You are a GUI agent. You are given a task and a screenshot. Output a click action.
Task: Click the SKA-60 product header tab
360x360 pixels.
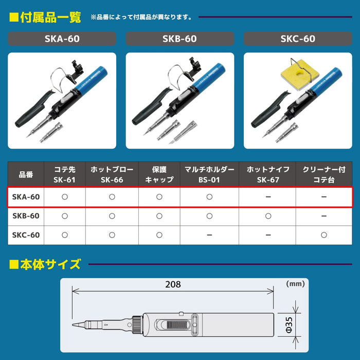tap(62, 39)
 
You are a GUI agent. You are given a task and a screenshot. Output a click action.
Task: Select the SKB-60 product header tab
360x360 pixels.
tap(180, 39)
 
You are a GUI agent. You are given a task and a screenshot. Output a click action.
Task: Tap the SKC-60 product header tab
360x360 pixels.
tap(298, 39)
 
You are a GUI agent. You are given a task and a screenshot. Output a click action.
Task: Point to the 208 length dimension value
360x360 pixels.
tap(173, 284)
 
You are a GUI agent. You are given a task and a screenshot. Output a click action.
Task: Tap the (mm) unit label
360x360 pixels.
tap(295, 283)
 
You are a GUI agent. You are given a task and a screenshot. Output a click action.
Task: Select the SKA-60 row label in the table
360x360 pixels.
tap(26, 196)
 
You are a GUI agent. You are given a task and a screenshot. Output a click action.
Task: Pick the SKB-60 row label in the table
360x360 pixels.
tap(26, 216)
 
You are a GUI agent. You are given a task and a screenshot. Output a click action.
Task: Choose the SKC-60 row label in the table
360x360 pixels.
tap(26, 235)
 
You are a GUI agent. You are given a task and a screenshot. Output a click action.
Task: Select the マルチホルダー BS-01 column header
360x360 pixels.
tap(209, 174)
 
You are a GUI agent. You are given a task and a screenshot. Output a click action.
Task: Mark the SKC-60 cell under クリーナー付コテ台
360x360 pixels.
tap(323, 235)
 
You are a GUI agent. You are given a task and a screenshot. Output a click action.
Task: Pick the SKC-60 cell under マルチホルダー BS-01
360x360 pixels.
tap(209, 235)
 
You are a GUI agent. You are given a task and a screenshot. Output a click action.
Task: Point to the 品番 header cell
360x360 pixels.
tap(26, 174)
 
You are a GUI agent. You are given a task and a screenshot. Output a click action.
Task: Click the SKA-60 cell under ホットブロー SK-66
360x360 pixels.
tap(112, 196)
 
